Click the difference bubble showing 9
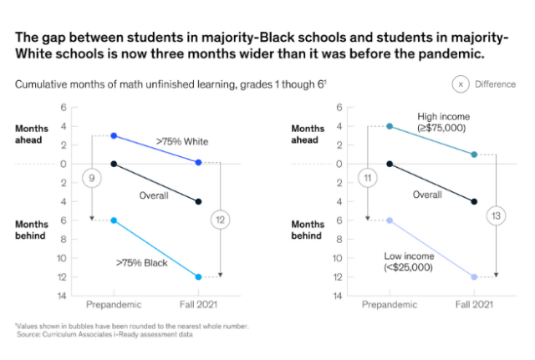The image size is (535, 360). tap(91, 177)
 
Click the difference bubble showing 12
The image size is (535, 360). tap(219, 220)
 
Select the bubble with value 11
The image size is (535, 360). tap(367, 177)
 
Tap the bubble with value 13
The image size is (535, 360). tap(495, 215)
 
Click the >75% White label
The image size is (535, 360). tap(181, 141)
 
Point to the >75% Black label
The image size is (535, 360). tap(142, 262)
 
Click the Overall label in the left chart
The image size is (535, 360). tap(154, 195)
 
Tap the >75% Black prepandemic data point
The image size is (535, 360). tap(114, 221)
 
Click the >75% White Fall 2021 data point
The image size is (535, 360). tap(198, 162)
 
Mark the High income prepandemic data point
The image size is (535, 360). tap(390, 126)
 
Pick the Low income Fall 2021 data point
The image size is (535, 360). tap(474, 276)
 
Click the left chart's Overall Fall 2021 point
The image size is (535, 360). tap(198, 201)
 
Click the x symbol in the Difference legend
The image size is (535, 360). tap(460, 84)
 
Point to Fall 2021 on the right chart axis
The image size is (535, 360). tap(474, 306)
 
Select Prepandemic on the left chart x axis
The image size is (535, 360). tap(114, 306)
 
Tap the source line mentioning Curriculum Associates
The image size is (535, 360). tap(104, 334)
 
